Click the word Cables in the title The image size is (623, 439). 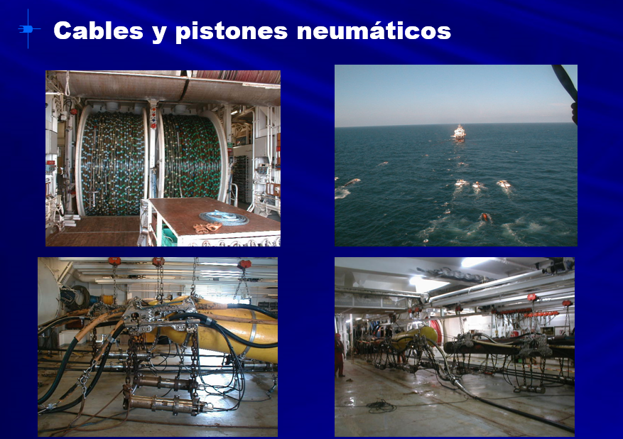point(98,31)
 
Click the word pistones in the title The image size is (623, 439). point(232,31)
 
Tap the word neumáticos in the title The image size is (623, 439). point(374,31)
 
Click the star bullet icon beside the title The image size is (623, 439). point(29,29)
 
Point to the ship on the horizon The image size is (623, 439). point(459,133)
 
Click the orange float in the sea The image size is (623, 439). point(484,217)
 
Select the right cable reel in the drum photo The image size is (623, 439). point(193,156)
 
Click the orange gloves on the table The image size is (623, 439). point(207,227)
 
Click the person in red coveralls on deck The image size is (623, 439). point(339,354)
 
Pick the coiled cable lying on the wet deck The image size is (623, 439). point(381,406)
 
